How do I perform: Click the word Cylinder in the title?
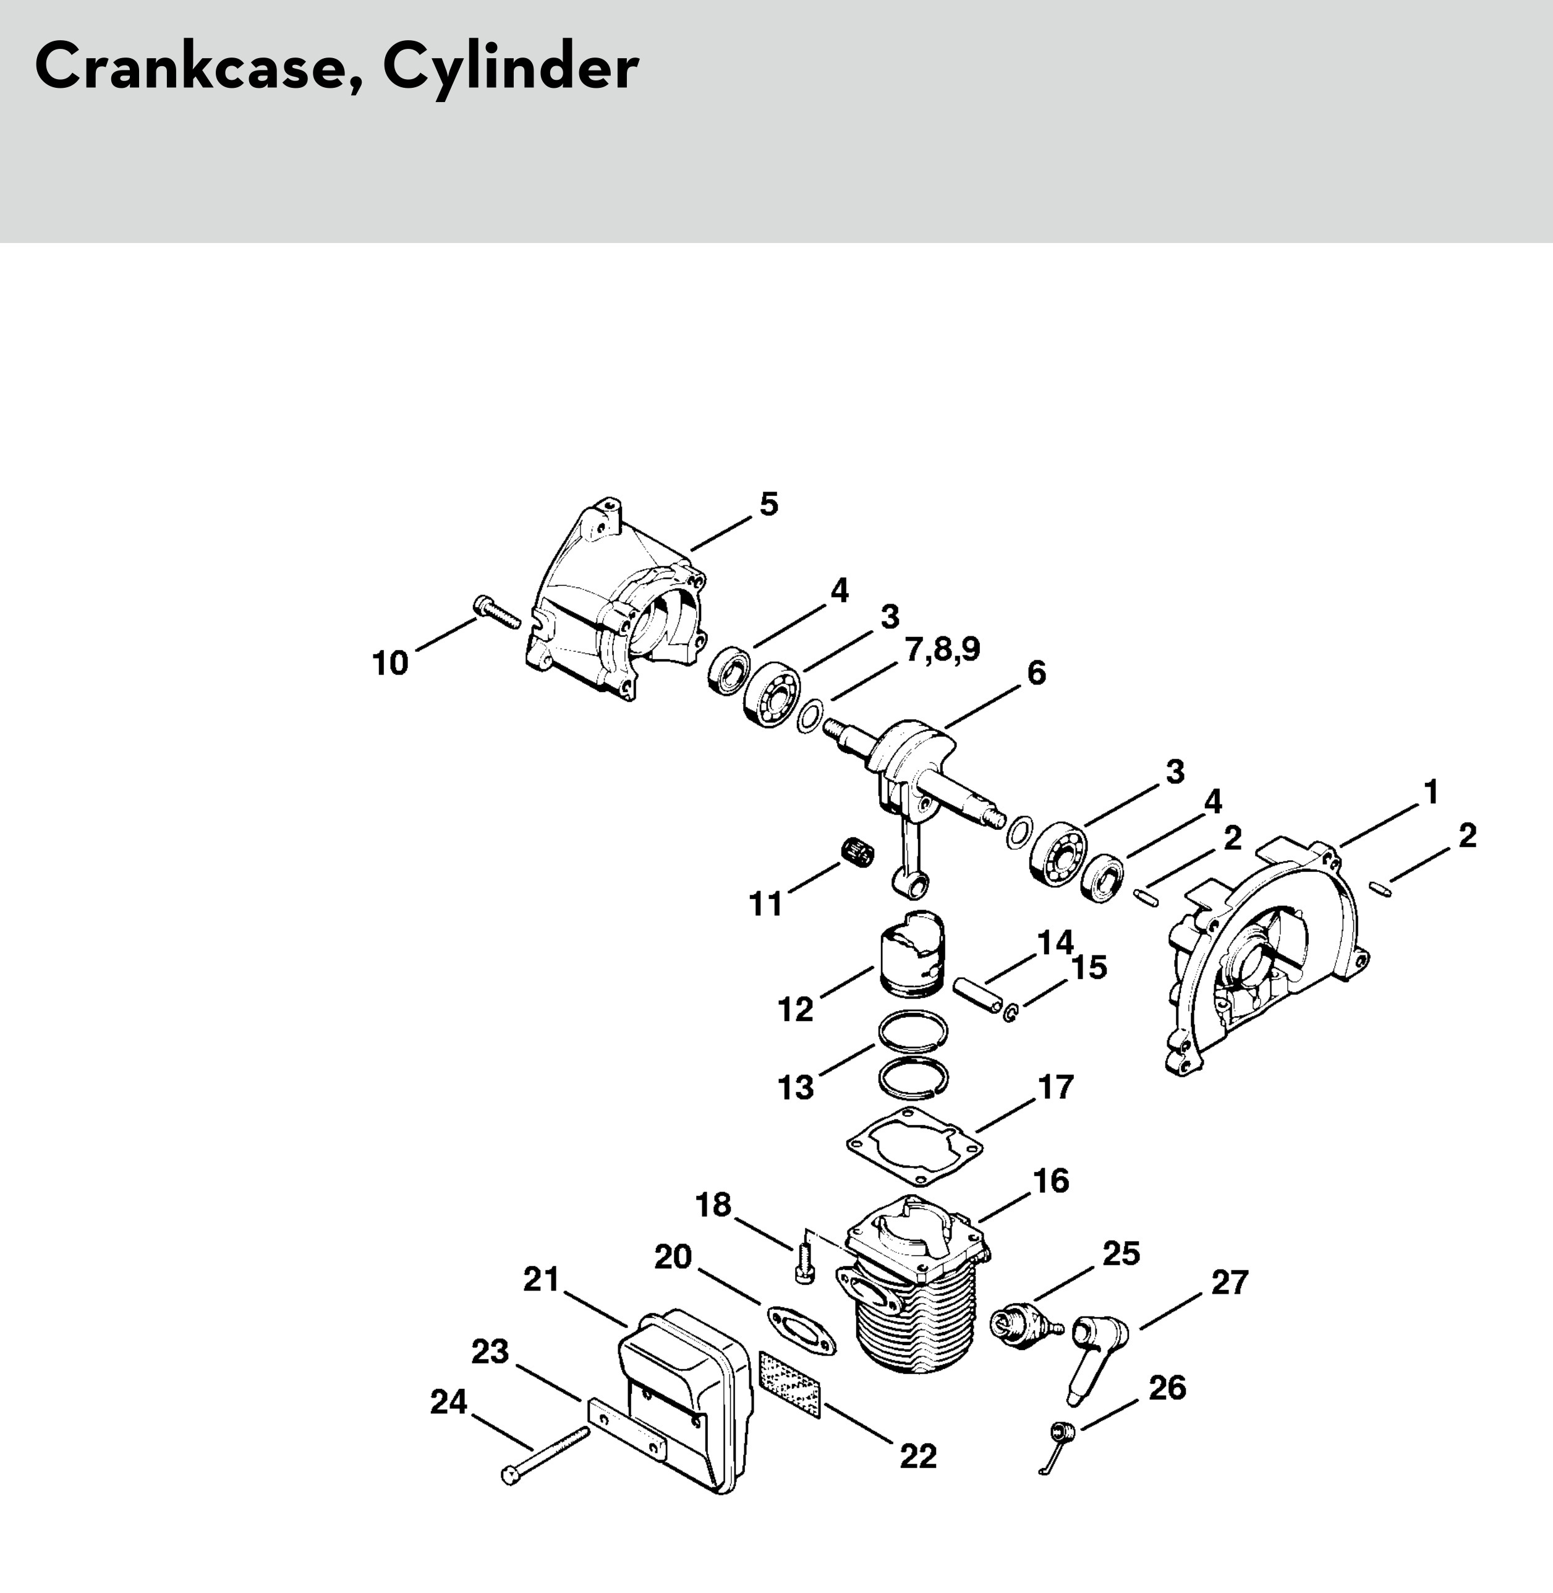point(511,69)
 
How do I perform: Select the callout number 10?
point(390,663)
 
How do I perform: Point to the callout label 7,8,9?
point(942,649)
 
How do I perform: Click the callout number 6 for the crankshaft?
point(1036,673)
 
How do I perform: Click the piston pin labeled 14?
point(978,997)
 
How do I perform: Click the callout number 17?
point(1055,1087)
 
